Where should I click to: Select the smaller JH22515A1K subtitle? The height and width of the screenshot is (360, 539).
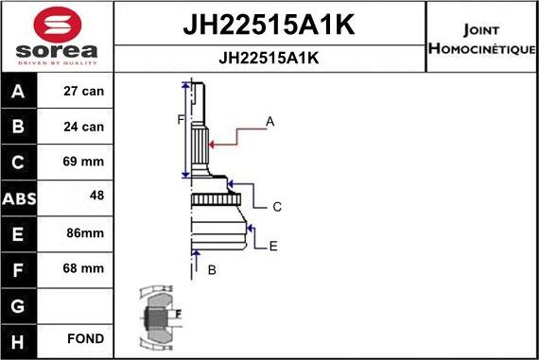coord(269,58)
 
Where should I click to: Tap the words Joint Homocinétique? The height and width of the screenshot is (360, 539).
coord(482,37)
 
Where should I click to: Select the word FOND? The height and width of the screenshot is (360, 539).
coord(85,338)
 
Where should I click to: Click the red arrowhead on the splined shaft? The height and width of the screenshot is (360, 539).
coord(213,144)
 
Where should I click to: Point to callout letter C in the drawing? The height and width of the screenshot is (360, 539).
coord(277,206)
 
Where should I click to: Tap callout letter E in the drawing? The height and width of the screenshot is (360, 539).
coord(273,246)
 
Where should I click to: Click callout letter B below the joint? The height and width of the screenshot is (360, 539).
coord(212,270)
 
